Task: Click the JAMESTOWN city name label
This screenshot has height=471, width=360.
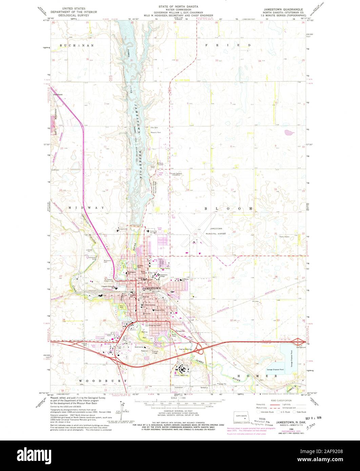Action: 152,288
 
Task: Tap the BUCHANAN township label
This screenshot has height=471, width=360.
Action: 72,45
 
